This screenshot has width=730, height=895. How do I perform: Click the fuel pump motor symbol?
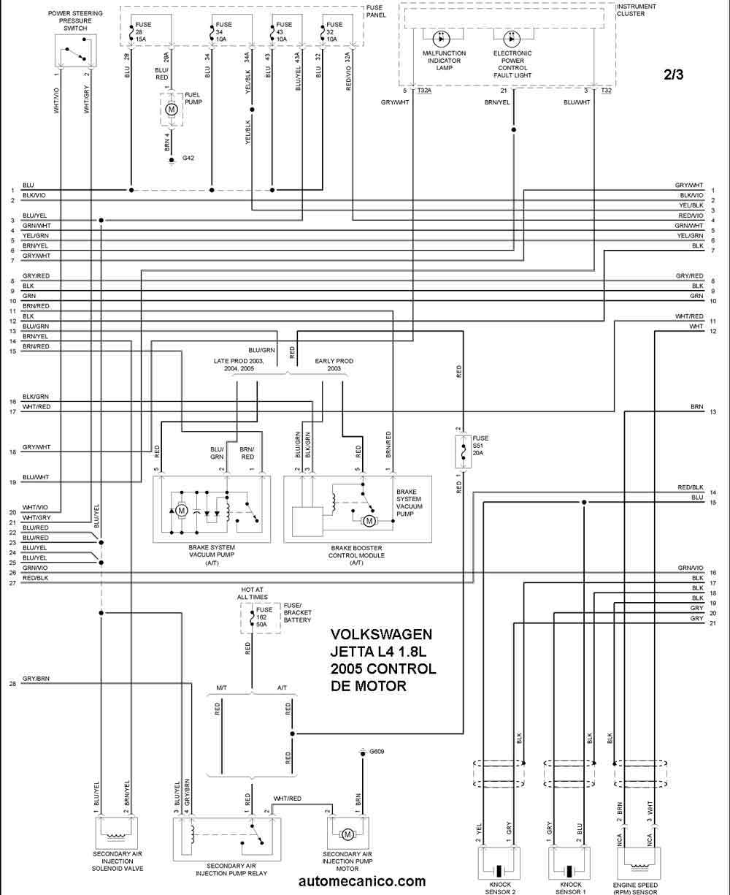(x=172, y=110)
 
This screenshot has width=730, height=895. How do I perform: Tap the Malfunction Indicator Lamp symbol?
(x=442, y=39)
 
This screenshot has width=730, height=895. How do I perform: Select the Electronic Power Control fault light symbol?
(x=512, y=39)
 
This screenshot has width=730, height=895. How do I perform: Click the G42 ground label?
(x=188, y=158)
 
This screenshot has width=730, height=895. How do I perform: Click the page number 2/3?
(x=673, y=75)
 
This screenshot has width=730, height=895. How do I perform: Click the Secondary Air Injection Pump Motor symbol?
(x=347, y=835)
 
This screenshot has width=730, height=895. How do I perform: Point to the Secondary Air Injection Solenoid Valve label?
(x=118, y=861)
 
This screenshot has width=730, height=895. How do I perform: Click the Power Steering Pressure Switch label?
(x=75, y=20)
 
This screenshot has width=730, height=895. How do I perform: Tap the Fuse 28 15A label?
(x=143, y=32)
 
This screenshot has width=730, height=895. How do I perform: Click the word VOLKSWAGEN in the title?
(x=381, y=634)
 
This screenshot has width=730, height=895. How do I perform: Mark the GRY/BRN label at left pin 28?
(x=36, y=679)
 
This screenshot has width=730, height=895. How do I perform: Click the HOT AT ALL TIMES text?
(x=253, y=593)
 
